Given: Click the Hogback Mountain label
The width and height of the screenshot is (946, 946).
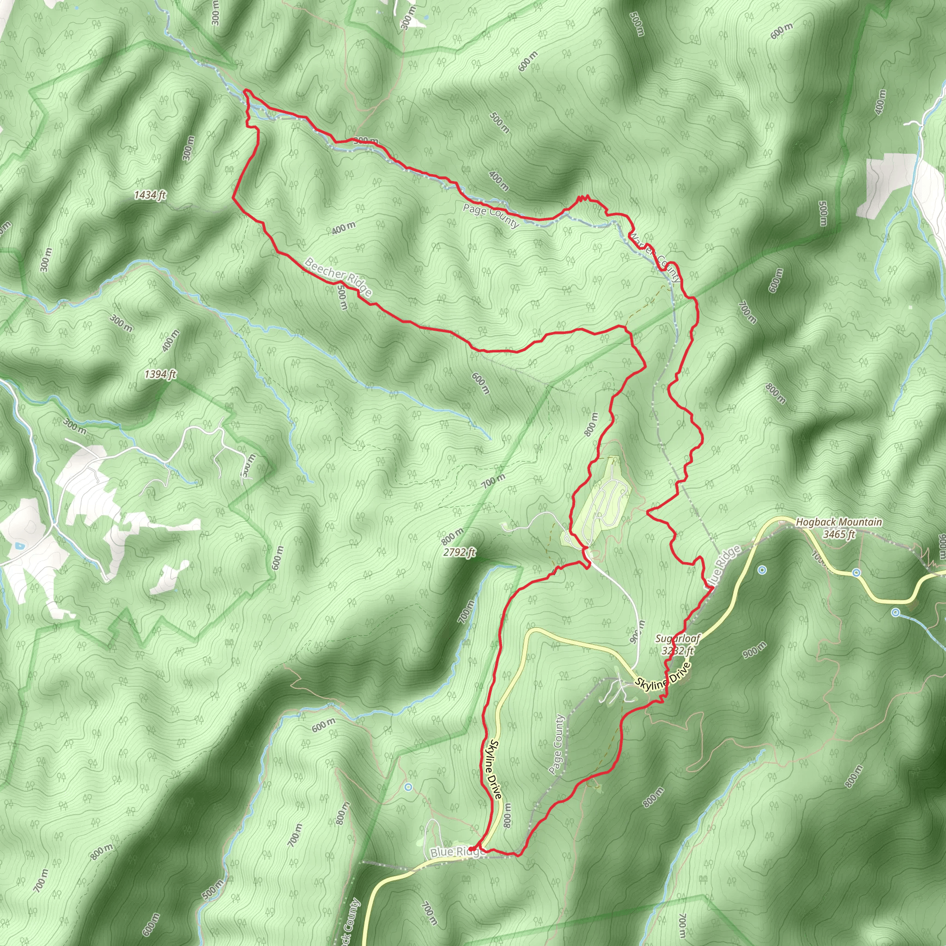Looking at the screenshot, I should pyautogui.click(x=838, y=522).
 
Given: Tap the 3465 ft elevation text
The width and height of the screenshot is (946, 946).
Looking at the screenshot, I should pyautogui.click(x=838, y=534).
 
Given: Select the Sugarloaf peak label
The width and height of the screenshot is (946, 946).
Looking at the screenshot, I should pyautogui.click(x=678, y=639).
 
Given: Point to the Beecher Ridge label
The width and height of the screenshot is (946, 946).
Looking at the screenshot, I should pyautogui.click(x=338, y=277).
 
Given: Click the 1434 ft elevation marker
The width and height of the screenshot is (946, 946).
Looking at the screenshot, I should pyautogui.click(x=150, y=195).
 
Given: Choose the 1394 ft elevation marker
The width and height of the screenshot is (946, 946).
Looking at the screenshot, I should pyautogui.click(x=160, y=375).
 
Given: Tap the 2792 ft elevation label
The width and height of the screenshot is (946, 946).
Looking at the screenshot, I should pyautogui.click(x=459, y=553).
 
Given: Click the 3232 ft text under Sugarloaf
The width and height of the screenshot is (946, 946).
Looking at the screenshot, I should pyautogui.click(x=678, y=651).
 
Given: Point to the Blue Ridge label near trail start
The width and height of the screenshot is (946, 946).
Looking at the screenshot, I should pyautogui.click(x=456, y=853).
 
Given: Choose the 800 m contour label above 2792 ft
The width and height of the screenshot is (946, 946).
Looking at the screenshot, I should pyautogui.click(x=452, y=537).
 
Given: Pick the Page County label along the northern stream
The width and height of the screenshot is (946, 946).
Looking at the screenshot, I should pyautogui.click(x=491, y=216).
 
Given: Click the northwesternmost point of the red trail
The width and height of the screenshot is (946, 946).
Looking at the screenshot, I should pyautogui.click(x=245, y=91).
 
